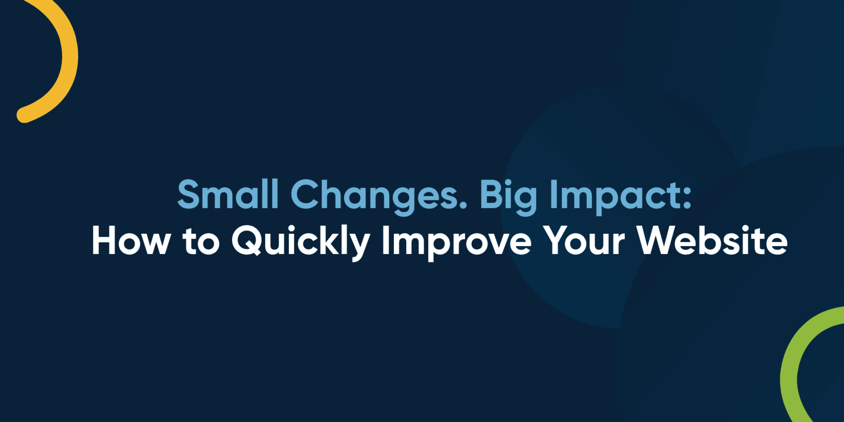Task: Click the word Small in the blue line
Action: pos(228,194)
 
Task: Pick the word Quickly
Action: pos(301,242)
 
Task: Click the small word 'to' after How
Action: pos(201,241)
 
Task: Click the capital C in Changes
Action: pos(306,194)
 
